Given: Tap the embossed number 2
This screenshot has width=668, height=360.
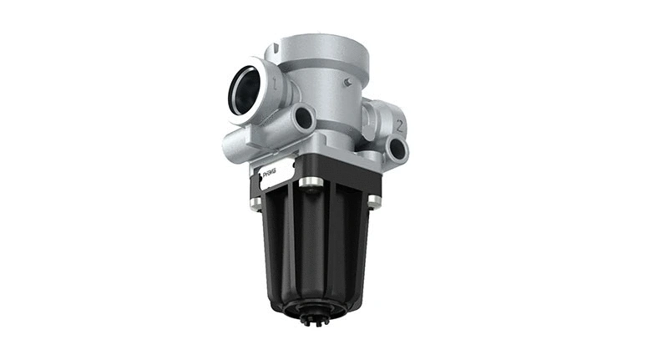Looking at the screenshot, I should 401,127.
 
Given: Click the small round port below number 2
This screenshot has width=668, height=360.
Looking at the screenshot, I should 397,150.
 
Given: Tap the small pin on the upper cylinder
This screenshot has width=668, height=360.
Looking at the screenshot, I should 347,82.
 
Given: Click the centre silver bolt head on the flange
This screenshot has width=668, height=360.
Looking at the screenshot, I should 310,182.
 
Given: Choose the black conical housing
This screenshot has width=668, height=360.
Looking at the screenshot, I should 313,251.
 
